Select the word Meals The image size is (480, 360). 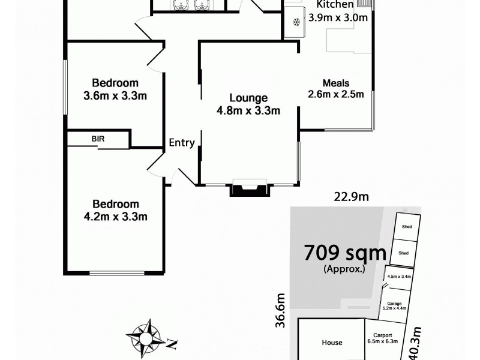coord(336,83)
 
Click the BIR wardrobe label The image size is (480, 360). coord(98,139)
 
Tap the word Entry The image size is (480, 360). coord(181,143)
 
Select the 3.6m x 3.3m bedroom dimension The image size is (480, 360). coord(116,95)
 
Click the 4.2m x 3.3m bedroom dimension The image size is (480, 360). coord(116,217)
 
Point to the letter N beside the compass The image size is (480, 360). coord(172,344)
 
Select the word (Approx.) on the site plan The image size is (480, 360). coord(344,269)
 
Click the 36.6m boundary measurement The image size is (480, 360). coord(280,310)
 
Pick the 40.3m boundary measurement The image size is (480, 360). coord(415,343)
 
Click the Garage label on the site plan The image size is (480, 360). coord(394,304)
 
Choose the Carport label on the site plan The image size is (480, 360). coord(382,335)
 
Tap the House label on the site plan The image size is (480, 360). coord(332,343)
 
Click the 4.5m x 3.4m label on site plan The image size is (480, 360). coord(398,277)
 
